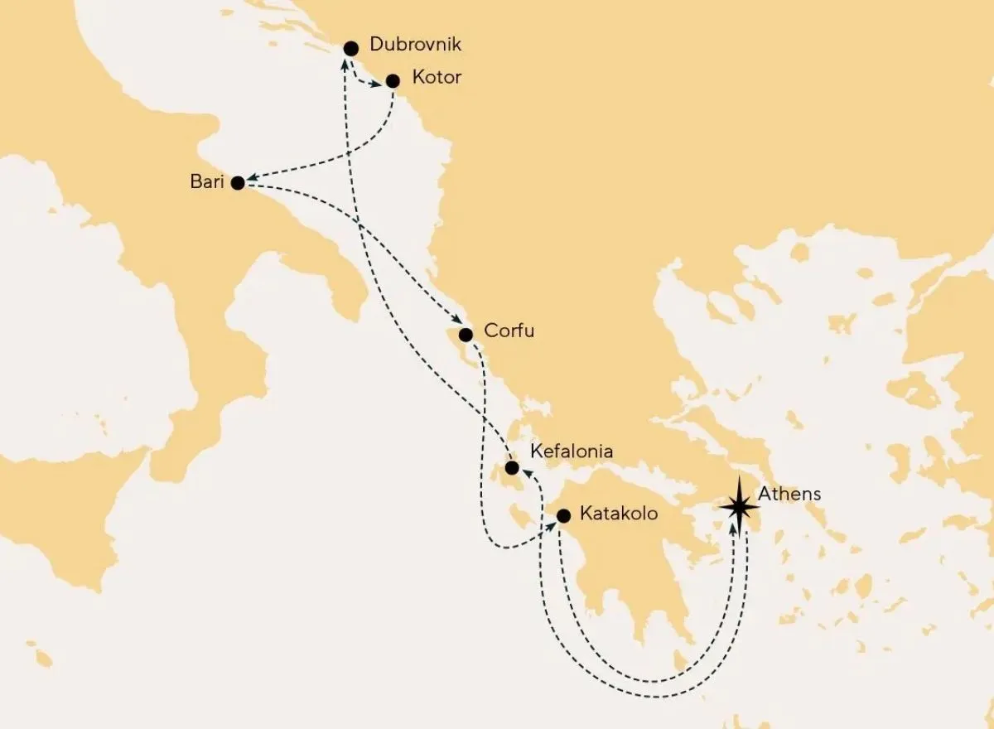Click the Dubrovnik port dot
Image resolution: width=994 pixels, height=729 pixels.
coord(351,47)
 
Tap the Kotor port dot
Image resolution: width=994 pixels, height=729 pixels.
coord(393,80)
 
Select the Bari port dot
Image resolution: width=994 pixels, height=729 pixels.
coord(238,183)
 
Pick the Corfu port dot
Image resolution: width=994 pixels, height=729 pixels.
coord(466,335)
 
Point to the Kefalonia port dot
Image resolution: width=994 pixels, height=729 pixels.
coord(512,468)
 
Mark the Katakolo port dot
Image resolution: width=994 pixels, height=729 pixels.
coord(563,515)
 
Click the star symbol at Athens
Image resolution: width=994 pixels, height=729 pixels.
coord(737,506)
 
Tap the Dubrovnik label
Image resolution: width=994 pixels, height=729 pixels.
coord(415,45)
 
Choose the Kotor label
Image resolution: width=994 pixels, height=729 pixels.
coord(437,78)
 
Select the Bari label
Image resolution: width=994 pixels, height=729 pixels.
coord(206,181)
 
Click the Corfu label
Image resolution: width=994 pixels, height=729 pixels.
coord(509,332)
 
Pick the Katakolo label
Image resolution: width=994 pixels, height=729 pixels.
coord(620,514)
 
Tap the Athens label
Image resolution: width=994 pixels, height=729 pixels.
coord(789,494)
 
